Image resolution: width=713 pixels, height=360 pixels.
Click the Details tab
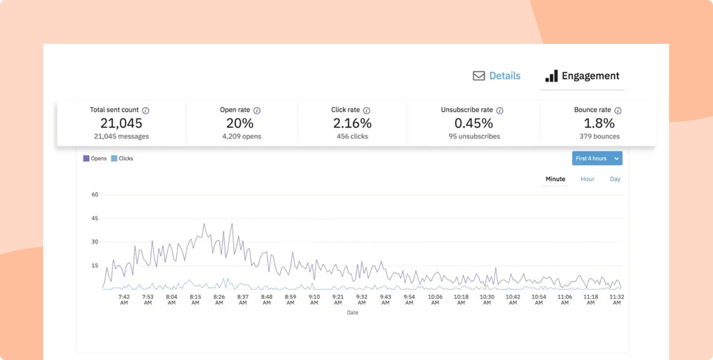click(x=504, y=76)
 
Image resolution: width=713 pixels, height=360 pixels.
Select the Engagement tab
click(x=590, y=76)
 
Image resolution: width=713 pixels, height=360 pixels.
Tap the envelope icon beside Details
click(x=479, y=76)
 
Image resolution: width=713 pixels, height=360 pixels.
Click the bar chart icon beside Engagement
click(x=551, y=76)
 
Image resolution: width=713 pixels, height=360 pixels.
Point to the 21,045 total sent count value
click(x=121, y=123)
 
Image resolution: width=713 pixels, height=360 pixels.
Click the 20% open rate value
click(x=240, y=123)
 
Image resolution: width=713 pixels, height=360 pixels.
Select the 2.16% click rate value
click(x=352, y=123)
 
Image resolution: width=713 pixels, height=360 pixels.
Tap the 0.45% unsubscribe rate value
click(x=472, y=123)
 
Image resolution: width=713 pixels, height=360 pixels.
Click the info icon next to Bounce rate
click(x=618, y=111)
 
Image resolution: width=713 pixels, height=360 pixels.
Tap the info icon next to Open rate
click(x=257, y=111)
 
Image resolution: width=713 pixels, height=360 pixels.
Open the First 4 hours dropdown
click(x=597, y=159)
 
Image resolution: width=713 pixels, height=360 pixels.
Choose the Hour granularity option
click(x=588, y=179)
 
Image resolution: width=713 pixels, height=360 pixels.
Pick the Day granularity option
click(x=615, y=179)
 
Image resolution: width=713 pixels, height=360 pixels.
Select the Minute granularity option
click(x=555, y=179)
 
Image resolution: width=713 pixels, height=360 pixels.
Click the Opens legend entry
click(x=95, y=159)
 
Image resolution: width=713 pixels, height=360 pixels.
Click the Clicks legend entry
click(x=122, y=159)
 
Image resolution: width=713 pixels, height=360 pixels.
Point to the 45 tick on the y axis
click(x=95, y=219)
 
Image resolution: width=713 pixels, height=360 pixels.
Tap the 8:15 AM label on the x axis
click(x=196, y=299)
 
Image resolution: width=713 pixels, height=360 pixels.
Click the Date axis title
click(x=353, y=313)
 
